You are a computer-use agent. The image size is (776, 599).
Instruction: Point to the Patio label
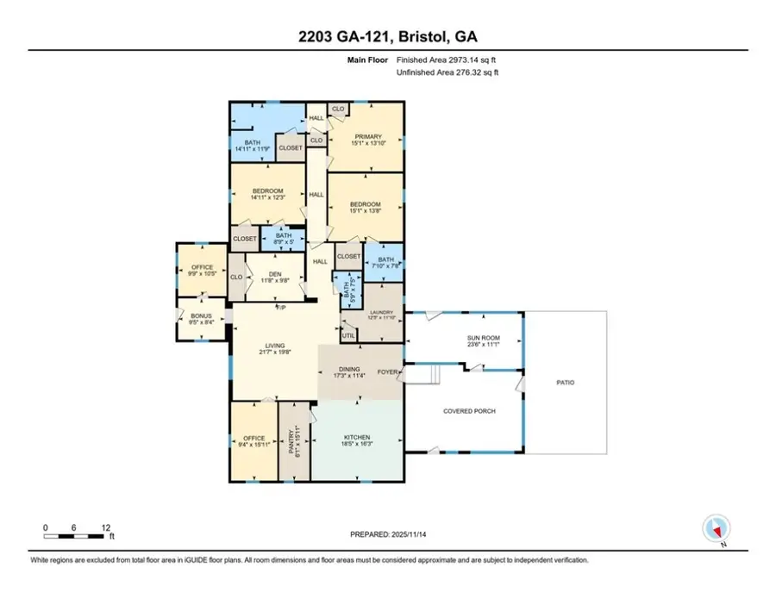pyautogui.click(x=565, y=383)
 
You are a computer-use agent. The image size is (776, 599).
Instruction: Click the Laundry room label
pyautogui.click(x=381, y=314)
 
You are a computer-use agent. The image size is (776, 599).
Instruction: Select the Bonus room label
pyautogui.click(x=201, y=316)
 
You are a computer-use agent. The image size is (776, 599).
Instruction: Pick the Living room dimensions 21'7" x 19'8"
pyautogui.click(x=274, y=353)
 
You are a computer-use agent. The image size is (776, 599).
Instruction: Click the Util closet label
pyautogui.click(x=348, y=335)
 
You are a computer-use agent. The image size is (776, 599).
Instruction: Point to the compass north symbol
pyautogui.click(x=717, y=527)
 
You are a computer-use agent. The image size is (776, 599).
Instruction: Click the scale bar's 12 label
pyautogui.click(x=105, y=526)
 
